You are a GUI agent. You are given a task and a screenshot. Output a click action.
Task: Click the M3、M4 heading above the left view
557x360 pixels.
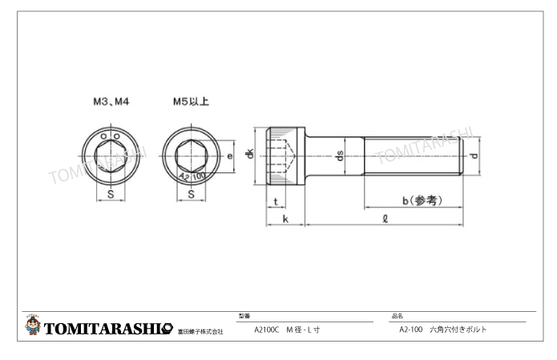(111, 103)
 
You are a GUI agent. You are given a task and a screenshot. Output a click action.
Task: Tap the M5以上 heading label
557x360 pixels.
(191, 103)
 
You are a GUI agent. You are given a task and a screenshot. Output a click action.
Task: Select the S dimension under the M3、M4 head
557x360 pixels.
(110, 194)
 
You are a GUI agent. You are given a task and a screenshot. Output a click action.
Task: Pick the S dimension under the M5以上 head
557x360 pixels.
(191, 194)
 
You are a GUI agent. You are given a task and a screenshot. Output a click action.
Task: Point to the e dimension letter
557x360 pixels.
(230, 156)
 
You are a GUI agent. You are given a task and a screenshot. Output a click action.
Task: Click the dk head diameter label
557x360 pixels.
(250, 154)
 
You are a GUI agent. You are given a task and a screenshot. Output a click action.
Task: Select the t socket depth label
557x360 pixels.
(276, 201)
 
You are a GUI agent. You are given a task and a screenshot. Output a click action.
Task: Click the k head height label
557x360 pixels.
(285, 220)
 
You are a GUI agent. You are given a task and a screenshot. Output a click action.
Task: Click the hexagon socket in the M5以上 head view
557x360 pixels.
(191, 155)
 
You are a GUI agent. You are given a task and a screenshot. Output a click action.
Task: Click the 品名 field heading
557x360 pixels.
(397, 317)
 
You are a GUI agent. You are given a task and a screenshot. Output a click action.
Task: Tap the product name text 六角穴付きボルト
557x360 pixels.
(458, 330)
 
